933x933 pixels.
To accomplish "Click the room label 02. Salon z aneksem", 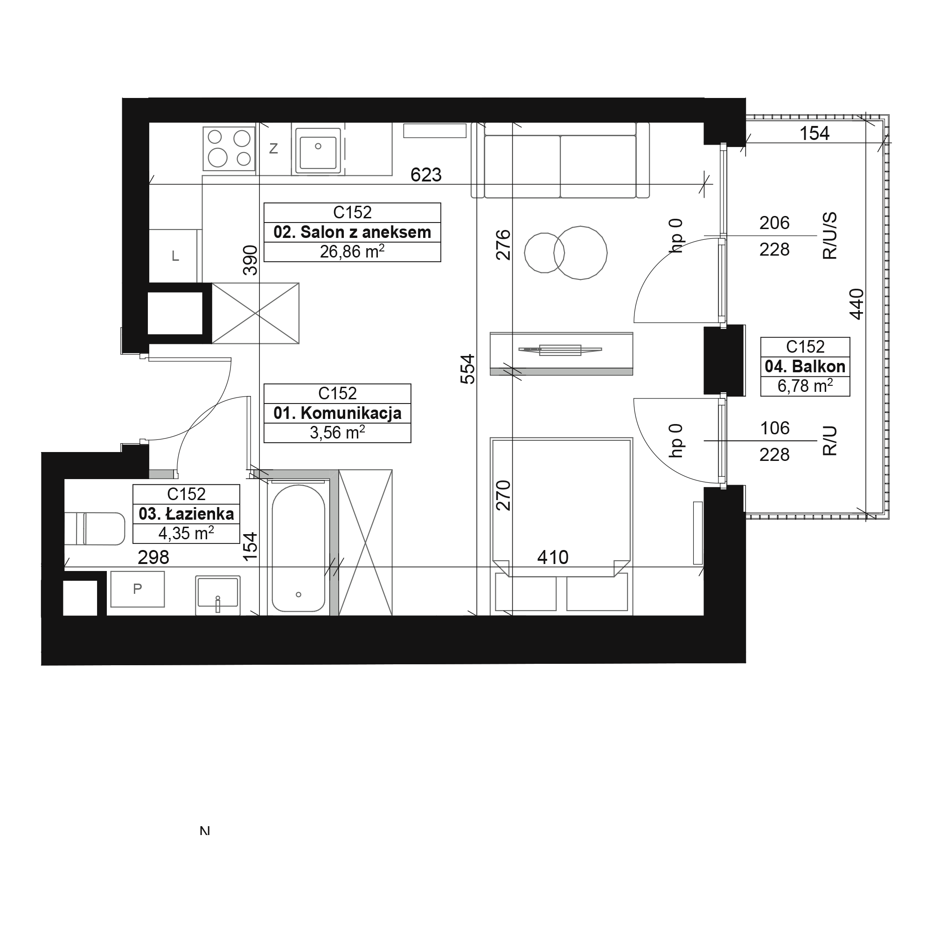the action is [352, 232].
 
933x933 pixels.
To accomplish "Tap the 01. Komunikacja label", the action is [337, 413].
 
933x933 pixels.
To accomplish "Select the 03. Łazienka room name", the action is [186, 514].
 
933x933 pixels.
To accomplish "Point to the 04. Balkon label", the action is [805, 367].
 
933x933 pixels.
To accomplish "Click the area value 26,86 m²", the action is [352, 251].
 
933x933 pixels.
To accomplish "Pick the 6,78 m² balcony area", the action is [805, 386].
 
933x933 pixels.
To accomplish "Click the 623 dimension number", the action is [426, 175].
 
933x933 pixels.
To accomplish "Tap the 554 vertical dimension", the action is [467, 369].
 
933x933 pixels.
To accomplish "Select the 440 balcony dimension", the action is [856, 304].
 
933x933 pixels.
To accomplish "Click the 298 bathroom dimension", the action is [153, 558].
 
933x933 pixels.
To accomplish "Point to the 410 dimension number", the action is [553, 558].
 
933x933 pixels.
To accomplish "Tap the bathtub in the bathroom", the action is [299, 548].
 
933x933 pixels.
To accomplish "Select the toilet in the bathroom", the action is [95, 529].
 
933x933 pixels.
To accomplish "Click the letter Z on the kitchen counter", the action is [273, 149].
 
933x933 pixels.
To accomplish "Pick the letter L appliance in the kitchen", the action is [175, 257].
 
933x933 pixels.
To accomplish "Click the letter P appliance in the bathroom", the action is [138, 589].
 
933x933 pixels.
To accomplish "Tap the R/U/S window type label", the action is [829, 236].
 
